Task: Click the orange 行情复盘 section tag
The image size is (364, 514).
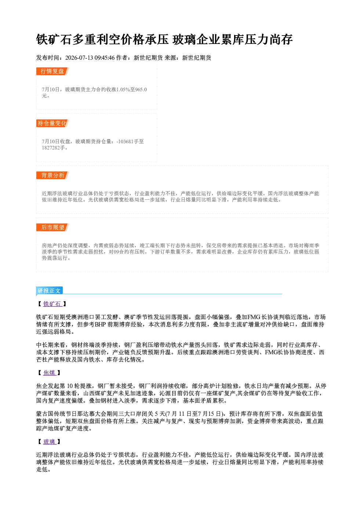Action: point(52,71)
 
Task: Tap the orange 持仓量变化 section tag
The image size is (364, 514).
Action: point(52,123)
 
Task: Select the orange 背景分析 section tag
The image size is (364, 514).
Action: point(52,175)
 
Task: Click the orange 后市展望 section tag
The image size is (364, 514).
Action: point(52,228)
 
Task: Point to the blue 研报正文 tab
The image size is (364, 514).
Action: point(49,291)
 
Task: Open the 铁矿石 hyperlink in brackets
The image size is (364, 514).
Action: point(52,304)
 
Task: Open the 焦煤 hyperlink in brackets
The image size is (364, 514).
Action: point(50,373)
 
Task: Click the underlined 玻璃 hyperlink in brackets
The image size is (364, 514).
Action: point(50,441)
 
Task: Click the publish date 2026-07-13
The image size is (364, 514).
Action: point(79,58)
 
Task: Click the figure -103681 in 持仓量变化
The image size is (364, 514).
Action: point(125,141)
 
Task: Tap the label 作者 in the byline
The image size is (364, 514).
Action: point(122,58)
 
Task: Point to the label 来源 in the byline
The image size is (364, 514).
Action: point(170,58)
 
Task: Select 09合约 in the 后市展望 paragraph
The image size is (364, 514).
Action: point(121,252)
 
